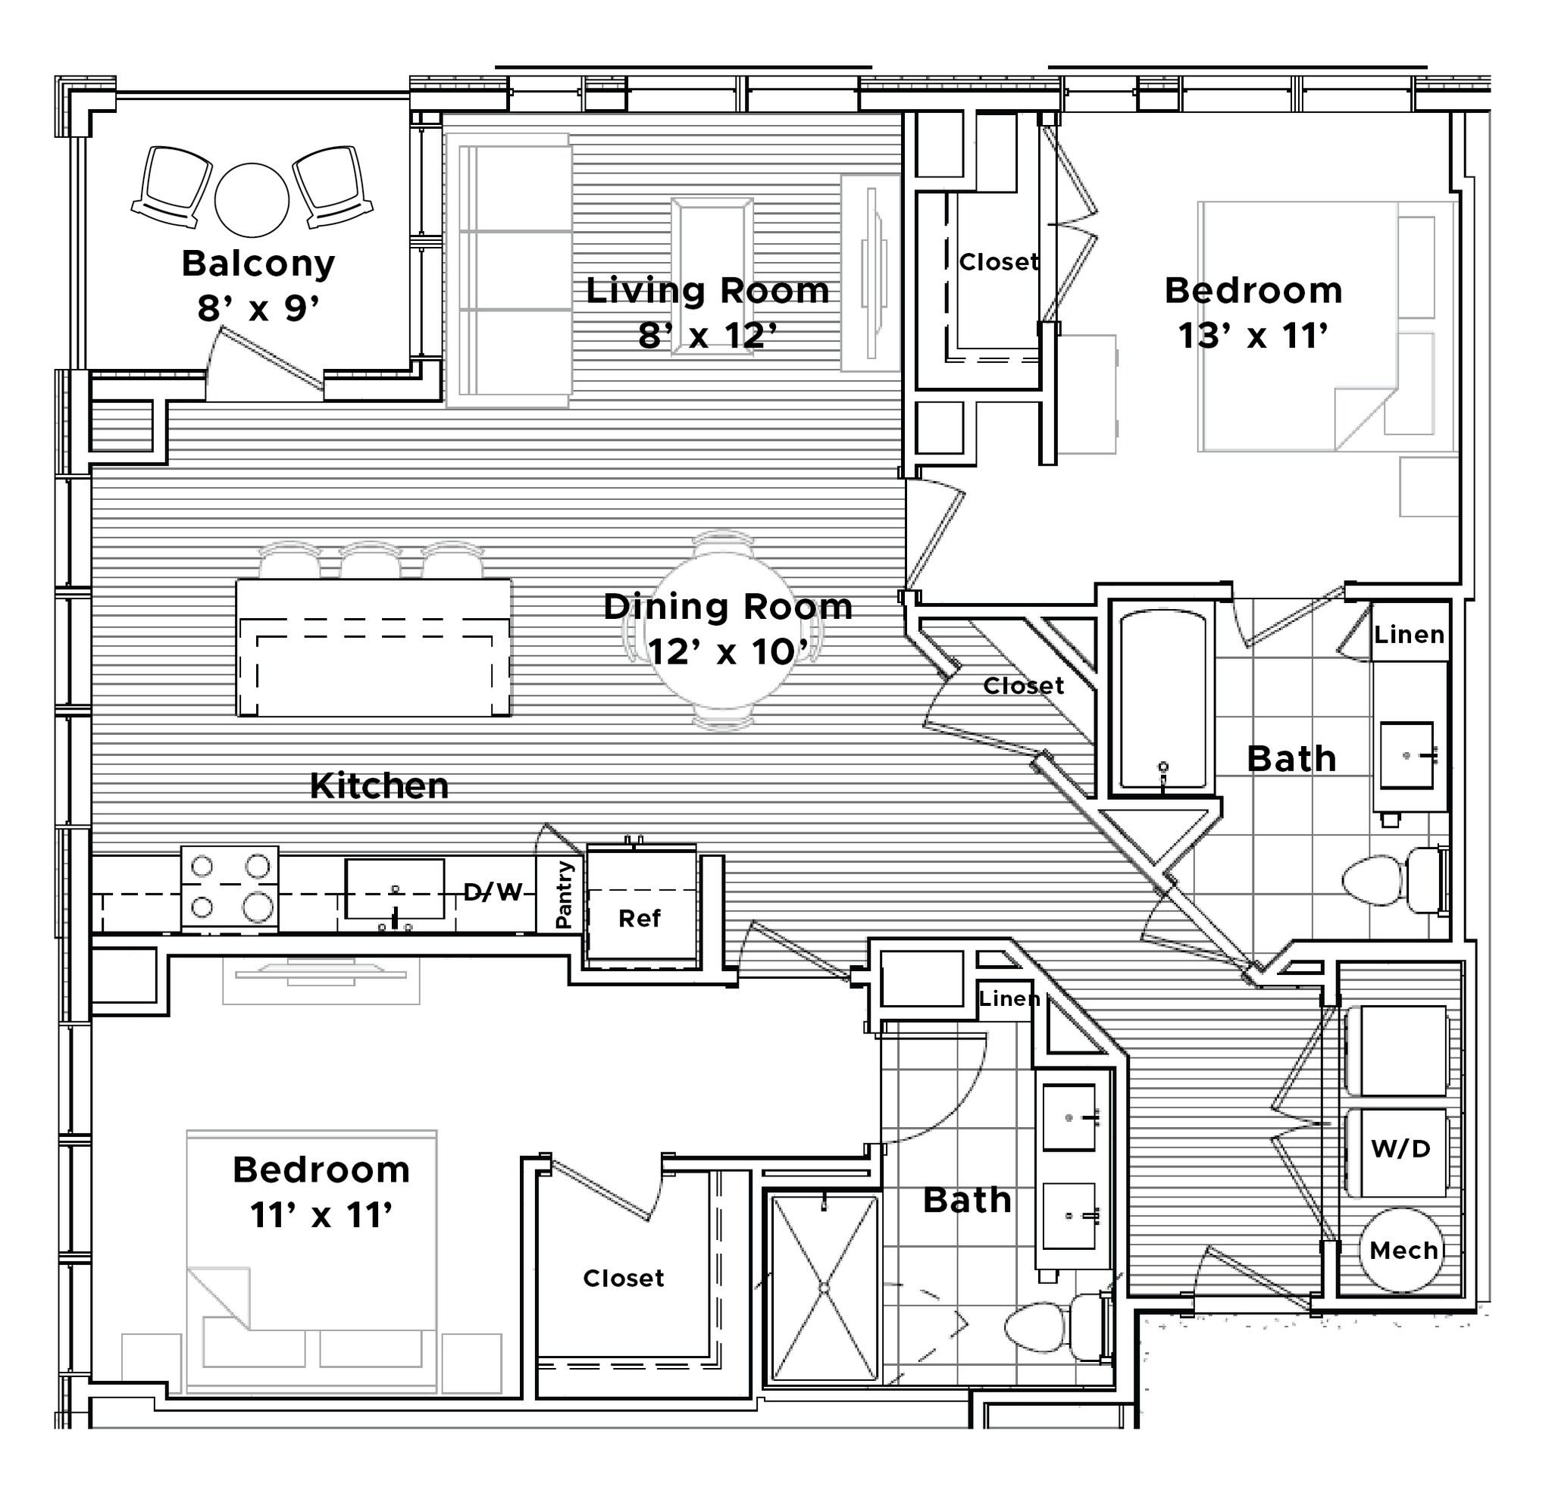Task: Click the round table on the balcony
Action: (x=252, y=200)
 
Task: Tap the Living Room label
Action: (x=707, y=291)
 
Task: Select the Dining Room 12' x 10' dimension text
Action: (x=727, y=652)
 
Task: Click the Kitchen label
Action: (x=380, y=786)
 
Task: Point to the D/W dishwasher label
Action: (x=493, y=892)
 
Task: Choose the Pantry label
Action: (x=564, y=895)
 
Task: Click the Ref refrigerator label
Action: (x=640, y=918)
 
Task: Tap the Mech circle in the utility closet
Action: (x=1403, y=1250)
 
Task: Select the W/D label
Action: (x=1400, y=1149)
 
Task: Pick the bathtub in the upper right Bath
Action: (x=1162, y=699)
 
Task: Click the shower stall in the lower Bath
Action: (x=824, y=1288)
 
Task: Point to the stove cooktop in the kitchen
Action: (x=230, y=888)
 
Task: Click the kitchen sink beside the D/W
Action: (x=394, y=890)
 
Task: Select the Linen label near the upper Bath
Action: (x=1409, y=634)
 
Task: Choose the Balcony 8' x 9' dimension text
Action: (x=258, y=308)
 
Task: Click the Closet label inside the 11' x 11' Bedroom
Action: (x=623, y=1278)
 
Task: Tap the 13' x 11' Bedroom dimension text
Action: (x=1253, y=336)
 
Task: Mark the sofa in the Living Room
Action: (x=509, y=270)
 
